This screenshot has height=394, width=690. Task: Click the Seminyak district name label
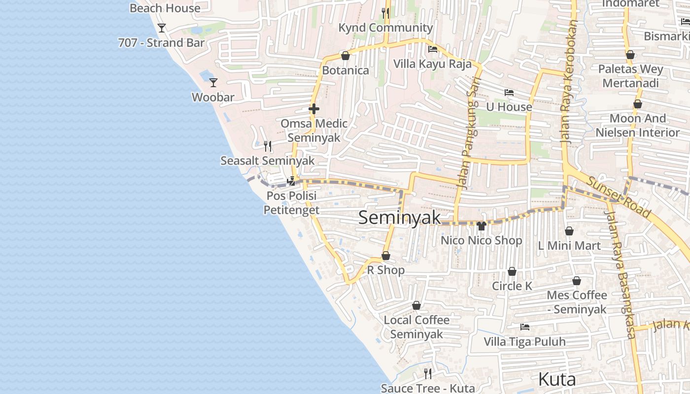coord(399,217)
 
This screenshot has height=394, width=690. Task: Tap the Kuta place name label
coord(557,380)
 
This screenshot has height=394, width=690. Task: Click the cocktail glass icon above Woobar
coord(213,83)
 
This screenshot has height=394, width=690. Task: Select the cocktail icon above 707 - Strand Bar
coord(162,28)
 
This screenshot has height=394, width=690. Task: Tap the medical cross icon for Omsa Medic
coord(314,109)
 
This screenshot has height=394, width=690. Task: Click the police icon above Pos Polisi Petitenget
coord(291,181)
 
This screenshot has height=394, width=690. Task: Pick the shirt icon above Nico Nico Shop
coord(482,226)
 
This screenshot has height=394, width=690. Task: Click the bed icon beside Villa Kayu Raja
coord(433,49)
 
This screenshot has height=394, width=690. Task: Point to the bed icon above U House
coord(509,93)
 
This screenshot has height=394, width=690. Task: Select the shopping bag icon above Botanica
coord(345,56)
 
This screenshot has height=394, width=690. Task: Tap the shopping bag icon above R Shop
coord(386,256)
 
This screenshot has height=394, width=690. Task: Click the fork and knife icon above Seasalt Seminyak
coord(268,146)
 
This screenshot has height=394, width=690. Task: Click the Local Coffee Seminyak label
coord(416,327)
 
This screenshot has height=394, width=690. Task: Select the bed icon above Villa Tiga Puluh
coord(525,327)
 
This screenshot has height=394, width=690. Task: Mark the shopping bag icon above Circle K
coord(512,272)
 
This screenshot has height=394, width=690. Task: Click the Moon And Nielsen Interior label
coord(637,125)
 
